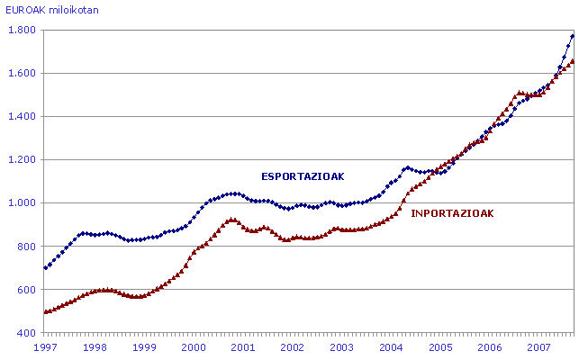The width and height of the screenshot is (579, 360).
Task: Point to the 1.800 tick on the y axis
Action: tap(21, 30)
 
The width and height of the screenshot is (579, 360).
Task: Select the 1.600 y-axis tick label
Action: tap(21, 73)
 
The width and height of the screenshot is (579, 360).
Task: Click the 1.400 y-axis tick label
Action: tap(21, 116)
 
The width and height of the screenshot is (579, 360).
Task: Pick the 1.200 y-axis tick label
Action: tap(21, 159)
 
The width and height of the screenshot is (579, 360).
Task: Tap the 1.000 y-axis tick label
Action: tap(21, 202)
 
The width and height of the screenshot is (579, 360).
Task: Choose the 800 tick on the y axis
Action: tap(25, 246)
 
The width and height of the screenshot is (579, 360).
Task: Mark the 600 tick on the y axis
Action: tap(25, 289)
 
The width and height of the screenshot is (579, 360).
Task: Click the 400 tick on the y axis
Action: tap(25, 332)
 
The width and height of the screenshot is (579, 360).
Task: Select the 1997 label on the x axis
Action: tap(45, 346)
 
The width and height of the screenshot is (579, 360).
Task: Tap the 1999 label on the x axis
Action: tap(143, 346)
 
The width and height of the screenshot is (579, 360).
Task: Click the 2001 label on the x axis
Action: tap(242, 346)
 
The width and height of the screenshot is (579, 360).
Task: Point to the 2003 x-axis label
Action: tap(340, 346)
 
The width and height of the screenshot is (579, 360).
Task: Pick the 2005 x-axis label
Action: tap(439, 346)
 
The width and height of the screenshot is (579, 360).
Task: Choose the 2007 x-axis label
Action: tap(538, 346)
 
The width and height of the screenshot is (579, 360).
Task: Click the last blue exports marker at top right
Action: tap(573, 36)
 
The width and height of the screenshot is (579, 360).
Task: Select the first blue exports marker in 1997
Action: tap(46, 267)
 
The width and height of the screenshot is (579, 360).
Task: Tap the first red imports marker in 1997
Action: tap(46, 311)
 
